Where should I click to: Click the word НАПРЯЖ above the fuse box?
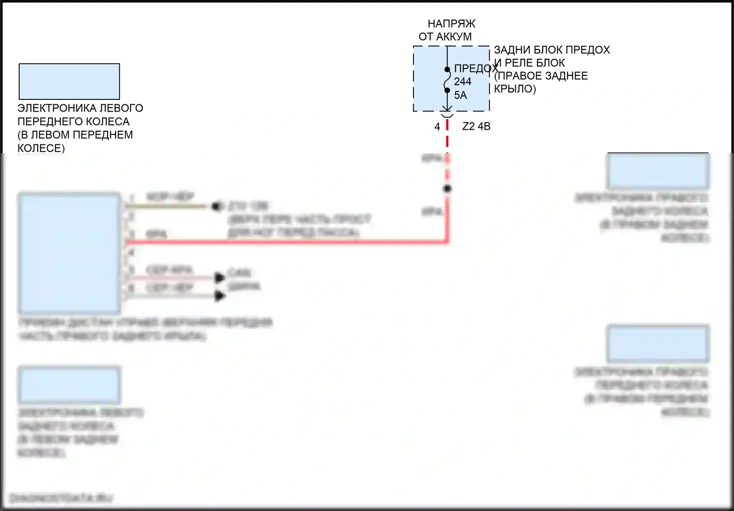[451, 23]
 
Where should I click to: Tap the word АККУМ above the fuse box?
[454, 37]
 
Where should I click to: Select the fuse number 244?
[462, 82]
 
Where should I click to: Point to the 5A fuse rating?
[460, 95]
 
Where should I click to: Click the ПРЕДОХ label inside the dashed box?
[475, 69]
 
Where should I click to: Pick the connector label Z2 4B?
[476, 126]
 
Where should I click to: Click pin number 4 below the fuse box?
[437, 127]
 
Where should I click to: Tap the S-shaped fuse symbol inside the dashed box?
[447, 80]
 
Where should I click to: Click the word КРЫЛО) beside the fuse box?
[515, 89]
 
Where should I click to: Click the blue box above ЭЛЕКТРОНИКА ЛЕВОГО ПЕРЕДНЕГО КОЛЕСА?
[69, 81]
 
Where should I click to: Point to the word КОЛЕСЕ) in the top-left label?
[41, 148]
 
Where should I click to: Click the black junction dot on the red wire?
[447, 189]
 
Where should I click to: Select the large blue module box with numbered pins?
[69, 253]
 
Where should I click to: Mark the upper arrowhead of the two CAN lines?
[220, 278]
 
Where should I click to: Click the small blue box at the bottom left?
[69, 385]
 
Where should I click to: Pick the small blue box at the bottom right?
[658, 343]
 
